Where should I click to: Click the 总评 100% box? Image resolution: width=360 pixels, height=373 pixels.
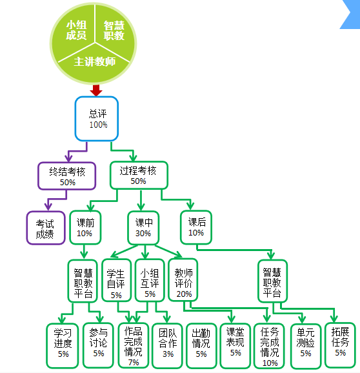97,119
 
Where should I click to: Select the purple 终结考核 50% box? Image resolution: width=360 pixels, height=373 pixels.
67,176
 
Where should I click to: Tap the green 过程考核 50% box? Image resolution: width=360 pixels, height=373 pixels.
139,176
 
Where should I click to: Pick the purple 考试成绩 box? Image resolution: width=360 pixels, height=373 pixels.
46,228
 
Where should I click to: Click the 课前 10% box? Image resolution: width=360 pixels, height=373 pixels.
85,227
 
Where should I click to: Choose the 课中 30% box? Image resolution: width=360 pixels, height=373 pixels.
143,228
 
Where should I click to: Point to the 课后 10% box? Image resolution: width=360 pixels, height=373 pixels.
196,227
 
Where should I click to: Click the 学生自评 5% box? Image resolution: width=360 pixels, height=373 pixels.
117,281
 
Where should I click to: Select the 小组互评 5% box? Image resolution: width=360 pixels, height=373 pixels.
150,281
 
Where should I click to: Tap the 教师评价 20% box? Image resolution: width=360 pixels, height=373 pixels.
183,280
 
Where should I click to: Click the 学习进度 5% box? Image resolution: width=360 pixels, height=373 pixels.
63,345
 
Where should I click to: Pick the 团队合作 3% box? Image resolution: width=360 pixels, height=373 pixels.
167,345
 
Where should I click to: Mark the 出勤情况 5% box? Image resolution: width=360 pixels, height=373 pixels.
201,345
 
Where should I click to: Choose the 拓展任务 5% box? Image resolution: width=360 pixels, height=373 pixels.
341,345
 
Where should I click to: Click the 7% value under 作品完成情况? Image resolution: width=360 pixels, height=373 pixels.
134,362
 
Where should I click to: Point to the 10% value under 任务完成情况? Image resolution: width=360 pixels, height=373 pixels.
270,363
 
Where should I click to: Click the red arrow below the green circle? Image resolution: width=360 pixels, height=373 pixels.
96,90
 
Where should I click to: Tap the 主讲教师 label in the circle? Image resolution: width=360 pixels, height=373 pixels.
95,61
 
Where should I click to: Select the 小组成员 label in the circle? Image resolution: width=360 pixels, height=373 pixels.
76,30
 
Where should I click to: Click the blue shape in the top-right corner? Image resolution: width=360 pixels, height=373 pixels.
352,14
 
